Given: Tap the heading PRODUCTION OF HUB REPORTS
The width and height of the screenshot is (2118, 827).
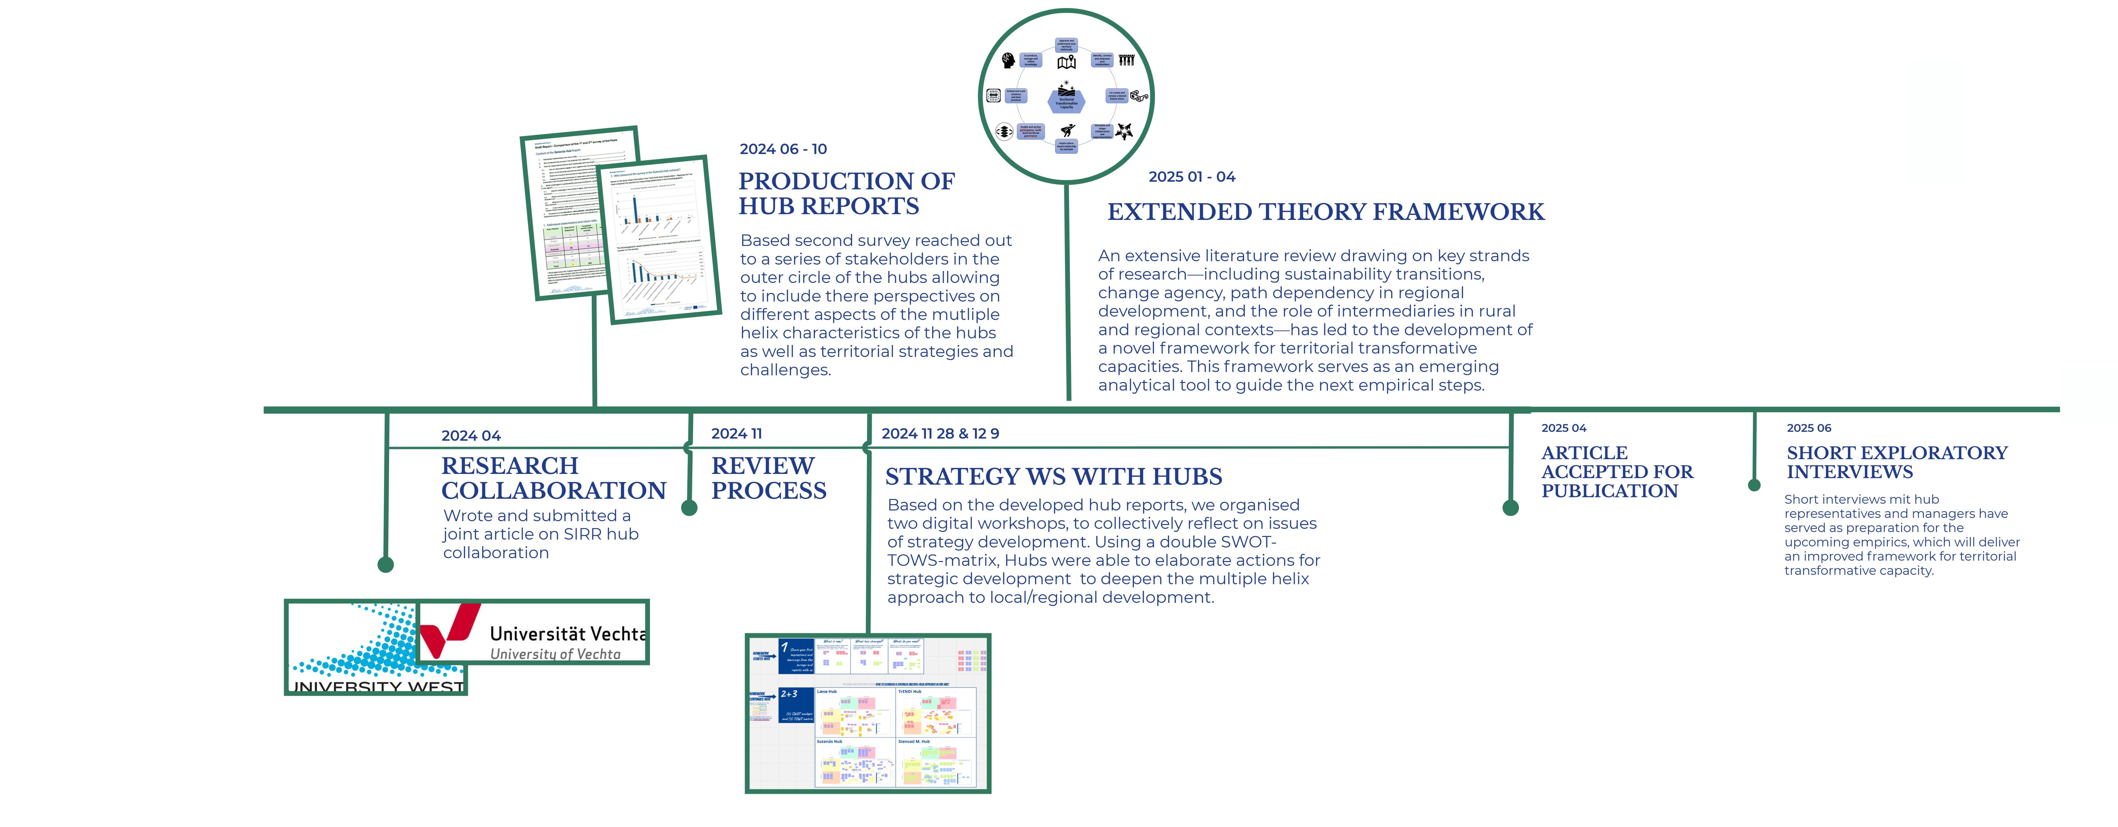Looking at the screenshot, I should coord(846,193).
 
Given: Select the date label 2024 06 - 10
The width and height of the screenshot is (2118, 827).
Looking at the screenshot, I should coord(783,149).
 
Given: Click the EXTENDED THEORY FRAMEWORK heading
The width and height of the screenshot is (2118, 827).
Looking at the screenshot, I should coord(1325,212).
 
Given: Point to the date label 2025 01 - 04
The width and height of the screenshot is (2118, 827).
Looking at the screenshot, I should coord(1191,177).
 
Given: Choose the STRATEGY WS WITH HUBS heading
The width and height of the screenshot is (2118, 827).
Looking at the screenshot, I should coord(1053,477).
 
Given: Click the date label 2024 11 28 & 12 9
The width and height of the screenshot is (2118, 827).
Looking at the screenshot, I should coord(940,433).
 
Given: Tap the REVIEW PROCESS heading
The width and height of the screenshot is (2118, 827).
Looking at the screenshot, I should coord(768,478).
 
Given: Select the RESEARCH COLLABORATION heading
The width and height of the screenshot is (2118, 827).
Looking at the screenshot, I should coord(553,478).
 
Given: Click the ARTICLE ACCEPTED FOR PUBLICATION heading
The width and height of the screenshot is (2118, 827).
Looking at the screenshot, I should coord(1617,472).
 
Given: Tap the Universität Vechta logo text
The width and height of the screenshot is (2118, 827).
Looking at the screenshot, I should coord(567,634).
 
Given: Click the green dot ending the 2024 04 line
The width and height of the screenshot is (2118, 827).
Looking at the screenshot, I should coord(386,565).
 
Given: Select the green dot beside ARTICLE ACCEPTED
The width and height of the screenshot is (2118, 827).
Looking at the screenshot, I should coord(1510,508).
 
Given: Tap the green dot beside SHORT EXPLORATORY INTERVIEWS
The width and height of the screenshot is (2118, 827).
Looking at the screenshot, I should coord(1754,485).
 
